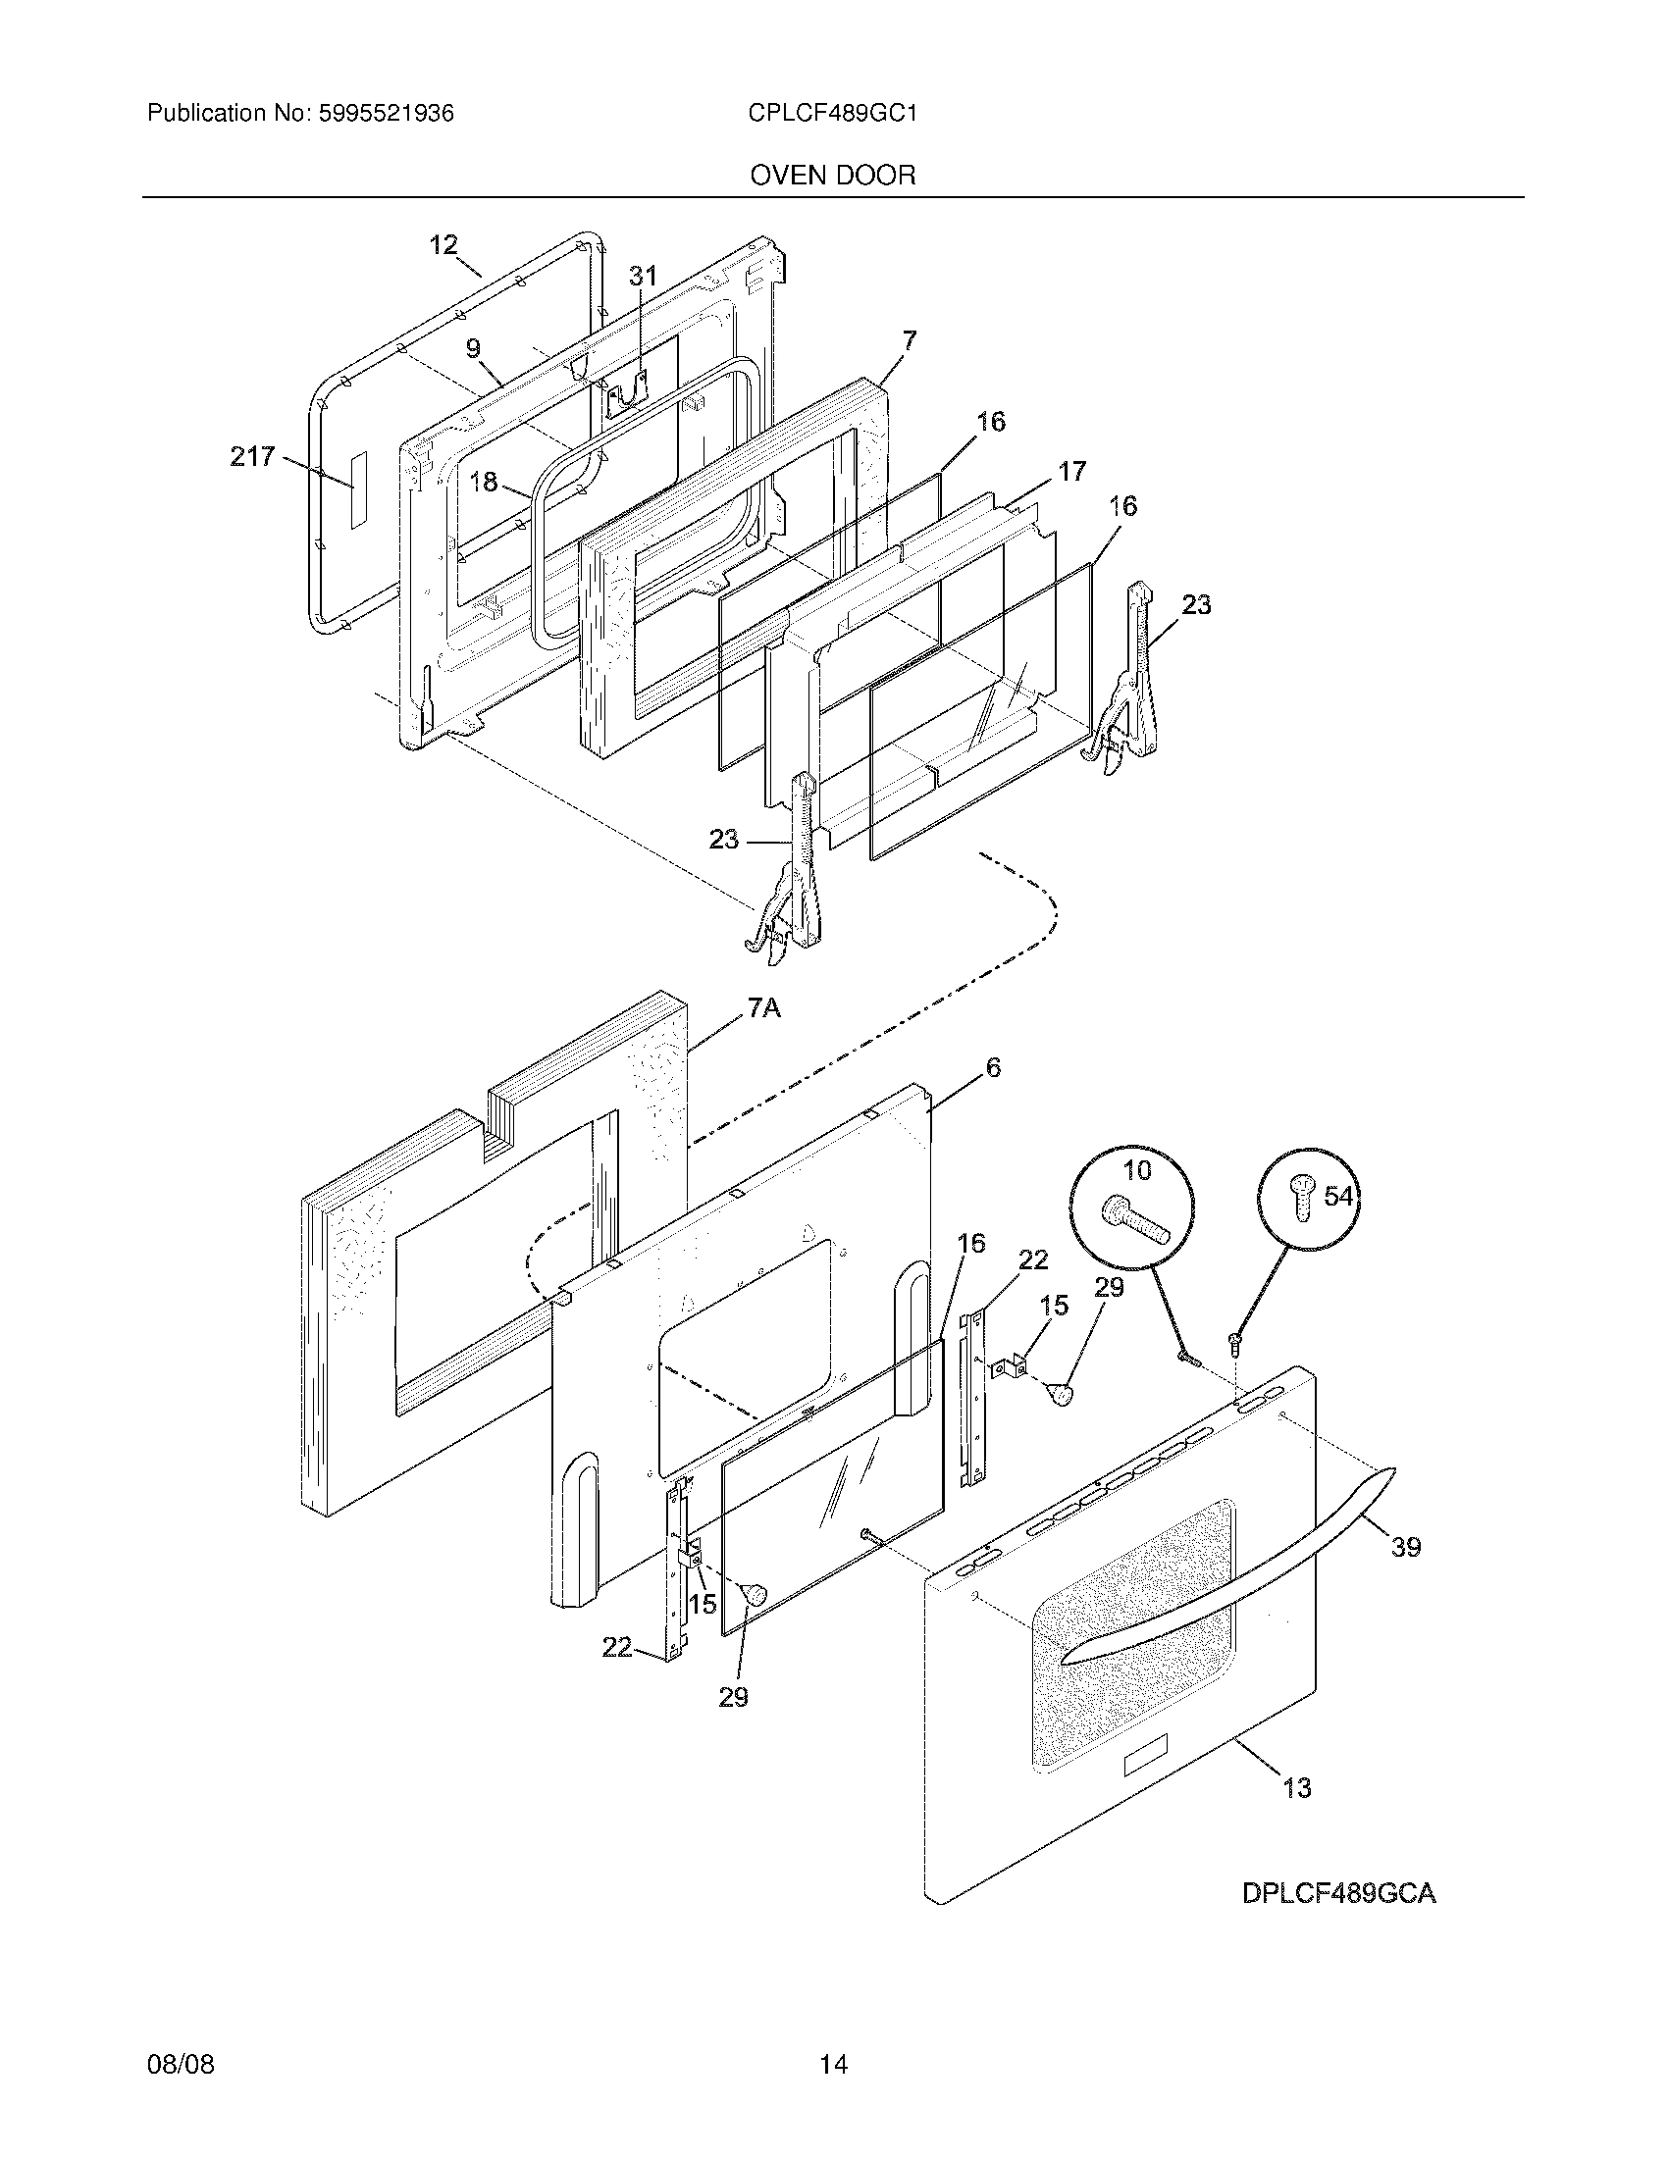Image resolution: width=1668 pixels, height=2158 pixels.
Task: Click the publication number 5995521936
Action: (x=386, y=114)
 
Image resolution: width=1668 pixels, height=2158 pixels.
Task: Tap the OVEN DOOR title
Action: (x=833, y=176)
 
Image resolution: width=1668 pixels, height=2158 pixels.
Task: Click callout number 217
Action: (x=252, y=456)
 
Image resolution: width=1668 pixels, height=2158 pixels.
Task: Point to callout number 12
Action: (x=443, y=245)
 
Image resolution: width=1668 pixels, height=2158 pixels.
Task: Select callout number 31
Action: (x=643, y=277)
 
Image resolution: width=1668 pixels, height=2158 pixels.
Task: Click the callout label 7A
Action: (x=762, y=1008)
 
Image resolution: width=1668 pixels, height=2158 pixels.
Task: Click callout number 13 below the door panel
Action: (x=1296, y=1786)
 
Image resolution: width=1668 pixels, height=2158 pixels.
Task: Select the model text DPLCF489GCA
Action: (x=1338, y=1893)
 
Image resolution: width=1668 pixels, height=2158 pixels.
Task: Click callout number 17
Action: (x=1072, y=471)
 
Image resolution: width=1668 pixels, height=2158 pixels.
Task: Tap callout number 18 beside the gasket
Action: (x=483, y=483)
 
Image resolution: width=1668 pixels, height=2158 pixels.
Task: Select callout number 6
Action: (x=993, y=1068)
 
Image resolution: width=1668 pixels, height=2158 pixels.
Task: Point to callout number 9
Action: (x=473, y=349)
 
